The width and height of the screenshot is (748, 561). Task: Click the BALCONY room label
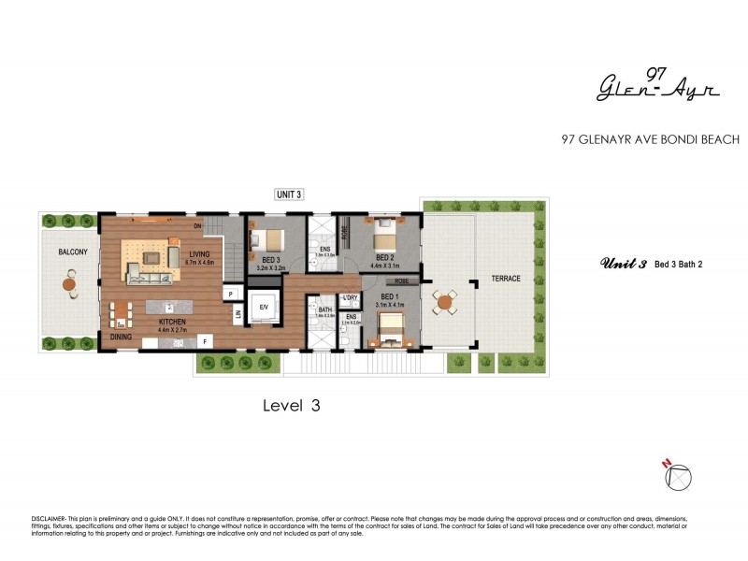[72, 252]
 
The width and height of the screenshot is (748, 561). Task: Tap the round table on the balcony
[71, 281]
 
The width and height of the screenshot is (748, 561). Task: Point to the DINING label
[120, 336]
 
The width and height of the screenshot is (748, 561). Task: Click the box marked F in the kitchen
[204, 340]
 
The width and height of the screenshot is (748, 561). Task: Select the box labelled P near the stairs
[229, 294]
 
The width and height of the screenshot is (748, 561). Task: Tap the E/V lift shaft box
[264, 308]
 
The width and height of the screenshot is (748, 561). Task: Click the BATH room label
[325, 309]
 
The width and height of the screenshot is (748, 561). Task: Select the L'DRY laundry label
[352, 297]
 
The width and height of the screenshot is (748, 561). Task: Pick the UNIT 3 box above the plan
[289, 194]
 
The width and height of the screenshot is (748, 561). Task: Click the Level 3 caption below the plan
[292, 405]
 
